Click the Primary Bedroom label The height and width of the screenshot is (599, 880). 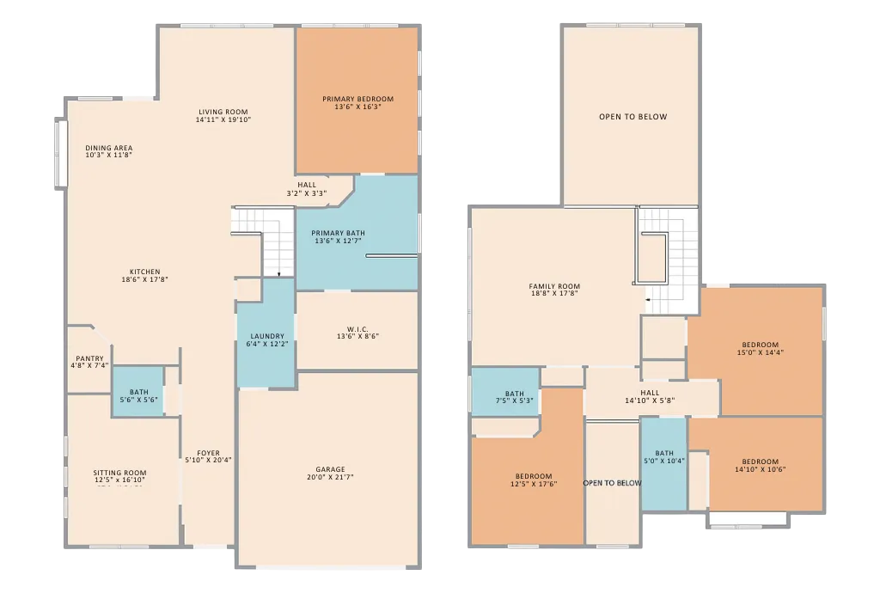coord(358,100)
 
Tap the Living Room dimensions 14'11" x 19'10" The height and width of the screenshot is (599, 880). coord(223,119)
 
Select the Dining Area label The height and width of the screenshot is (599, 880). coord(109,148)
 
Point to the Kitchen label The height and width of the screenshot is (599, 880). coord(144,272)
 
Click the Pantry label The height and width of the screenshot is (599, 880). coord(89,358)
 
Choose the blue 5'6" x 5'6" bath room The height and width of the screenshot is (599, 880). coord(138,391)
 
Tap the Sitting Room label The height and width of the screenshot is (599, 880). coord(119,473)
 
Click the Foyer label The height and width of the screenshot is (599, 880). coord(208,453)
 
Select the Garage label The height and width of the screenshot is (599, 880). coord(330,469)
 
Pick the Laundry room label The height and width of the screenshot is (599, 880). coord(267,336)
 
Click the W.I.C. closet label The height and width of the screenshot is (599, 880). coord(357,329)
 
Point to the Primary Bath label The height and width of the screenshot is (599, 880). coord(338,233)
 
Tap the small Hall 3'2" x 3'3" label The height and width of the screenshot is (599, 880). coord(307,185)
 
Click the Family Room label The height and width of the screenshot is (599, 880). coord(554,286)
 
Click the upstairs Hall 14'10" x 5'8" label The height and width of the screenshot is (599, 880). coord(650,393)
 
